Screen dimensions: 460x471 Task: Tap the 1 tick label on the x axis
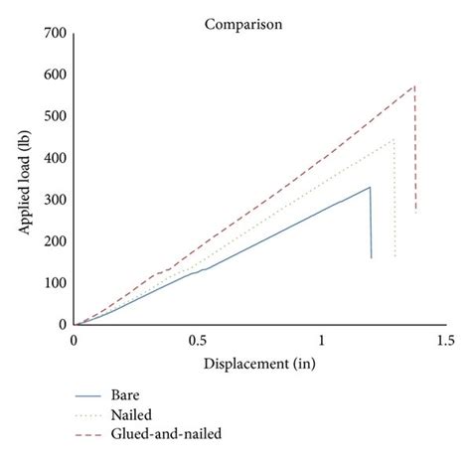pos(321,341)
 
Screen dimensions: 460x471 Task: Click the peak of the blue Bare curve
pos(370,187)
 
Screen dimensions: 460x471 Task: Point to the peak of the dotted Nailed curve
pos(393,139)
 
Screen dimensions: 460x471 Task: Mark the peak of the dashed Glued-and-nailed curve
pos(414,85)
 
